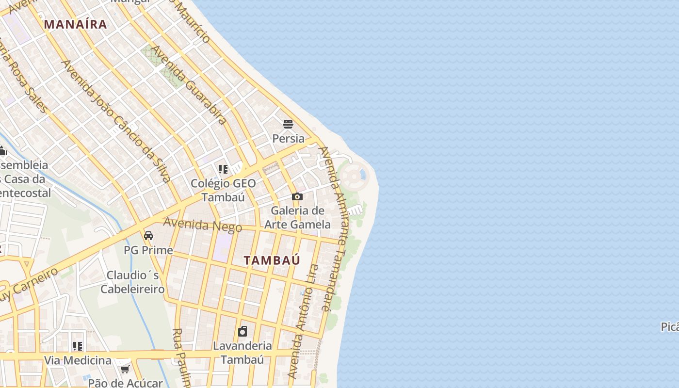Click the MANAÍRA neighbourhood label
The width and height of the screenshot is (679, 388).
pos(75,24)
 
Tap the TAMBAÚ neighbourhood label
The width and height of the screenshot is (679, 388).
pos(272,260)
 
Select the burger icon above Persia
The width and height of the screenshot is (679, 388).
pos(288,124)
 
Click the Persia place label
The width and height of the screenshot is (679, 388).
pos(288,138)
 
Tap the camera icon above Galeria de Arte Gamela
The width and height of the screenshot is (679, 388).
pos(297,197)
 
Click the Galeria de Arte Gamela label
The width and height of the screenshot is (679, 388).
pos(297,217)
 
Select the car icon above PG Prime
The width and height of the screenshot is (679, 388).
pos(148,236)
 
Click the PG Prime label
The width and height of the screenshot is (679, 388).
pos(148,250)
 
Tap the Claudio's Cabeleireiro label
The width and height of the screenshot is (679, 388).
pos(132,282)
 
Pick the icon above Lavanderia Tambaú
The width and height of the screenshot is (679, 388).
pos(242,332)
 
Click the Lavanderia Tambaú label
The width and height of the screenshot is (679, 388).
pos(242,353)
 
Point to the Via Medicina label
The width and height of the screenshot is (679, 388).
pos(78,360)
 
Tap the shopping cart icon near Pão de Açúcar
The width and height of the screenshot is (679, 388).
pos(124,370)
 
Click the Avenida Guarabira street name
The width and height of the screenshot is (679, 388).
pos(189,85)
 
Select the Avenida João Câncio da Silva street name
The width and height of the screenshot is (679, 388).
pos(116,121)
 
